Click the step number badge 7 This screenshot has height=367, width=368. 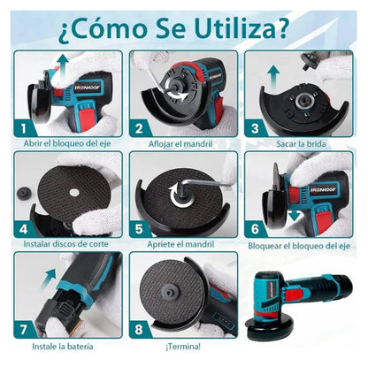[x=26, y=326]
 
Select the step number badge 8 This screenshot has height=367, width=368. [x=139, y=326]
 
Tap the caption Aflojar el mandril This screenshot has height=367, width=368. [x=183, y=145]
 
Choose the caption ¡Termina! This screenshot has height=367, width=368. [x=183, y=345]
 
